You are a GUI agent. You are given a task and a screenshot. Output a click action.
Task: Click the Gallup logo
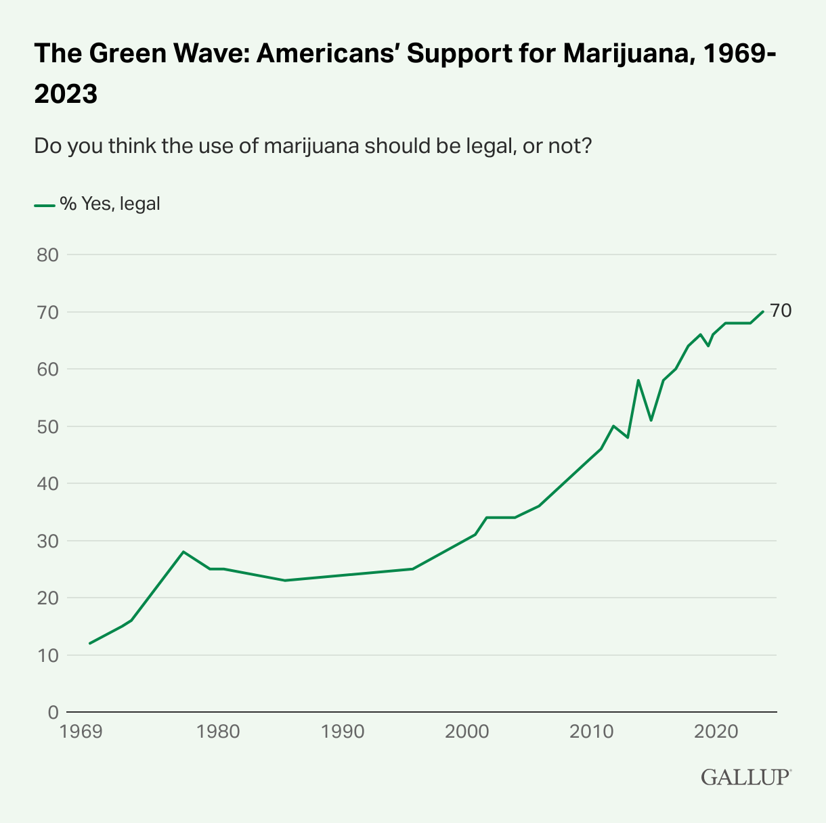pos(745,776)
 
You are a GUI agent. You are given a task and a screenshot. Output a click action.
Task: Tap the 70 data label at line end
pos(781,311)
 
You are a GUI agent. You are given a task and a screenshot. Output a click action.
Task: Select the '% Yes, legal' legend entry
pos(97,204)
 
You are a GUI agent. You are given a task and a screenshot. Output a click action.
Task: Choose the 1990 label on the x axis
pos(344,732)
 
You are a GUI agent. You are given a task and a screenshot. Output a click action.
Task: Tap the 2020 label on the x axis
pos(717,732)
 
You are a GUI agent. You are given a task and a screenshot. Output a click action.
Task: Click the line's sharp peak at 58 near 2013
pos(638,380)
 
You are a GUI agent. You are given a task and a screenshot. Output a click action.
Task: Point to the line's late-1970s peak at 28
pos(183,552)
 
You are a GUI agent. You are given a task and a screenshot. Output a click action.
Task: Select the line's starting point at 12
pos(90,643)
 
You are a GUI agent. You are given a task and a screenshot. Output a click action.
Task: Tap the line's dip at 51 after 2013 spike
pos(651,420)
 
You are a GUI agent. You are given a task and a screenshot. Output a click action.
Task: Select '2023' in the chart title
pos(66,94)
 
